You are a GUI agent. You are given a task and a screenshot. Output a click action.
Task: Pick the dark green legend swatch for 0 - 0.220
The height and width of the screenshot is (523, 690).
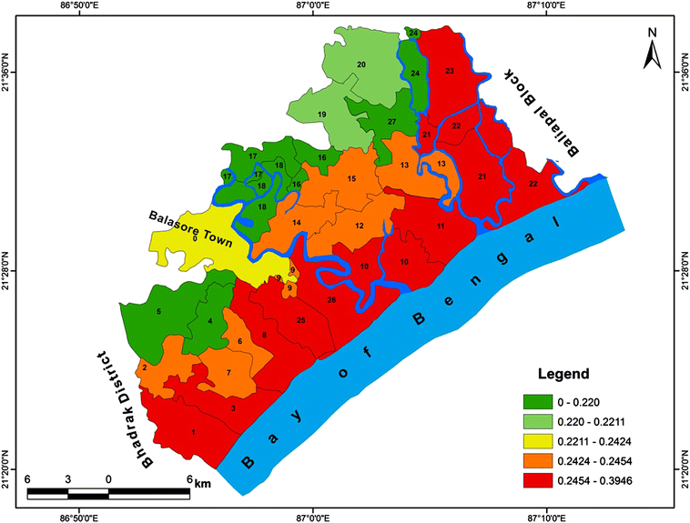pyautogui.click(x=541, y=400)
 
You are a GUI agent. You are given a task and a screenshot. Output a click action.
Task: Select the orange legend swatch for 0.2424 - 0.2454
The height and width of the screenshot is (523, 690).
pyautogui.click(x=541, y=462)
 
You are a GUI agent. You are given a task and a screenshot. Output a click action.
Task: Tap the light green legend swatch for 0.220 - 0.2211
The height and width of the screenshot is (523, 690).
pyautogui.click(x=541, y=421)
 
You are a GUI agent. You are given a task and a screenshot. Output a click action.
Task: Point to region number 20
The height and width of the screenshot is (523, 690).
pyautogui.click(x=361, y=65)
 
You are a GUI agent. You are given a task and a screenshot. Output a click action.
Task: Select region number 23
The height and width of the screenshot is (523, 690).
pyautogui.click(x=449, y=71)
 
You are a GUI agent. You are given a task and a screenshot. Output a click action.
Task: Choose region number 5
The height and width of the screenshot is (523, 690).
pyautogui.click(x=159, y=312)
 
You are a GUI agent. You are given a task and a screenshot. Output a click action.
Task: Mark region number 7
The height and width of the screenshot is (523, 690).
pyautogui.click(x=228, y=373)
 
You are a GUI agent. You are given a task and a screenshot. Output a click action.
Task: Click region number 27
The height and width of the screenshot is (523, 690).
pyautogui.click(x=391, y=122)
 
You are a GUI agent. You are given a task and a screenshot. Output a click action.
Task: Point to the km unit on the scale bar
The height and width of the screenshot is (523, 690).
pyautogui.click(x=202, y=483)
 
